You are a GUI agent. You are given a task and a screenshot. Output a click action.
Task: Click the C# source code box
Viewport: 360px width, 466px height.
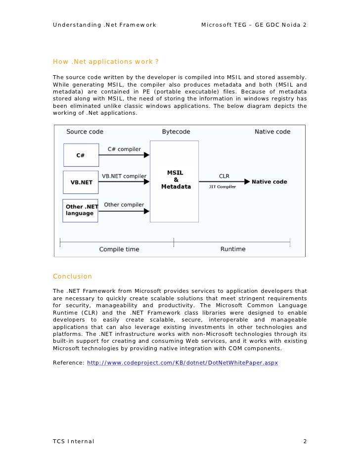coord(81,155)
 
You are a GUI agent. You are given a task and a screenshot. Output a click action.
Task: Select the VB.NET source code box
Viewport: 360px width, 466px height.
coord(81,182)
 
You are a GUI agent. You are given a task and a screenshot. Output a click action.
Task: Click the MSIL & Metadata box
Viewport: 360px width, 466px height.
coord(175,181)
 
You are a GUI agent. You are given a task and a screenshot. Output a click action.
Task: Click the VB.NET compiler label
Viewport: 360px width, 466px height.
coord(124,176)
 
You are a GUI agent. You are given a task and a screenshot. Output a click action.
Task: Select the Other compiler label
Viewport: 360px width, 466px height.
coord(124,204)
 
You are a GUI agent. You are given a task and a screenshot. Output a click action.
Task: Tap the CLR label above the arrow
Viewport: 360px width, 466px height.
coord(224,176)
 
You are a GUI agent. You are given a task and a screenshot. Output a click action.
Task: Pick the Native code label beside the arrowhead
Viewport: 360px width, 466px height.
coord(270,182)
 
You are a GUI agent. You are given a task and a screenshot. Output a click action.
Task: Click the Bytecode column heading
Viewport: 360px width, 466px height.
coord(176,132)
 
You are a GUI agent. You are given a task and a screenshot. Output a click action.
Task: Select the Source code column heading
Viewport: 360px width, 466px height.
coord(85,132)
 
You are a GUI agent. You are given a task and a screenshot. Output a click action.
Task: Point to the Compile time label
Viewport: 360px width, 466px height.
coord(119,249)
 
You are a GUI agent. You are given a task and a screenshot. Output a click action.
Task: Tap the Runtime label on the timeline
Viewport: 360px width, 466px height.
coord(233,249)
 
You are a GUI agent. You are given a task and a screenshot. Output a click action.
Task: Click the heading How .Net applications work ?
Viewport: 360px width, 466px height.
coord(106,62)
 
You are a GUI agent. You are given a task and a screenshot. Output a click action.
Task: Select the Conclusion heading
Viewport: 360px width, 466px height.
coord(72,276)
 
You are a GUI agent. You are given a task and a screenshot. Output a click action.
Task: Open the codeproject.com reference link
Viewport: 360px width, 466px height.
coord(182,363)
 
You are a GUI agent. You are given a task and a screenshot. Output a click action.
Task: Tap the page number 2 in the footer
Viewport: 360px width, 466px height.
coord(305,441)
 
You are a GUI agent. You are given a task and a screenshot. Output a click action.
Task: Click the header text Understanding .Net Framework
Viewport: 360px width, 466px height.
coord(104,25)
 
